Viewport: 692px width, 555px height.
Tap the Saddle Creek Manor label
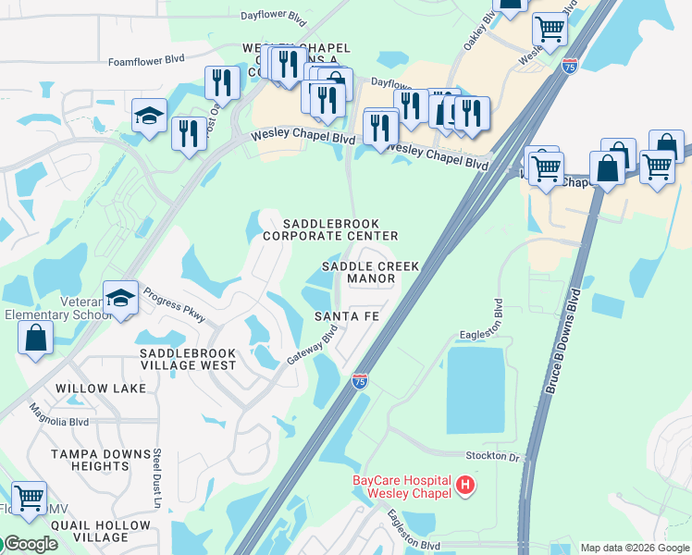click(x=370, y=272)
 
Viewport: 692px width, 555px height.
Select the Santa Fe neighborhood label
click(x=346, y=316)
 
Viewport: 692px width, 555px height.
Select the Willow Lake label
click(x=101, y=388)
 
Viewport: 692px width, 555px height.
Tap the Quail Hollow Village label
click(x=87, y=531)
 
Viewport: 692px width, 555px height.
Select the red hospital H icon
click(x=466, y=484)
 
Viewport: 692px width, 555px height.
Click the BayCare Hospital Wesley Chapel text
click(x=402, y=486)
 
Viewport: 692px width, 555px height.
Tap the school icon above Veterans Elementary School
click(x=120, y=298)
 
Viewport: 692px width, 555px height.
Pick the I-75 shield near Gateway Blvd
click(x=360, y=380)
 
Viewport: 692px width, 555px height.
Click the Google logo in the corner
click(x=30, y=544)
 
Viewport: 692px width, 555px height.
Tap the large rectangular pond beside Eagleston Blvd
click(x=476, y=389)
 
